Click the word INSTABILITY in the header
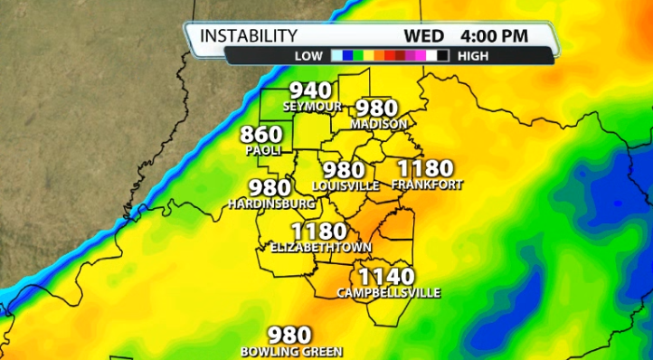tap(248, 35)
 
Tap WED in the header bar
tap(423, 36)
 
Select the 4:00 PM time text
tap(495, 36)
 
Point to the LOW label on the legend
tap(308, 55)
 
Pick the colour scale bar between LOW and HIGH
tap(391, 55)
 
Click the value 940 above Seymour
tap(311, 91)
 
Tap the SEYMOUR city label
tap(312, 107)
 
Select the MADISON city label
tap(379, 123)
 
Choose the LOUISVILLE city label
tap(345, 185)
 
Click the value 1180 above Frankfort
tap(425, 168)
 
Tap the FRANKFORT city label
tap(427, 185)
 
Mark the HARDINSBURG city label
tap(270, 204)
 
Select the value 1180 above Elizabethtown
tap(318, 231)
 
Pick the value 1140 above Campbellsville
tap(387, 277)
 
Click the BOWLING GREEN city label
tap(291, 351)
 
